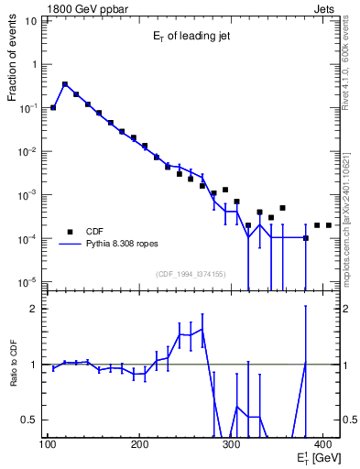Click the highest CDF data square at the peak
(x=65, y=84)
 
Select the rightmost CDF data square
(x=329, y=224)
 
